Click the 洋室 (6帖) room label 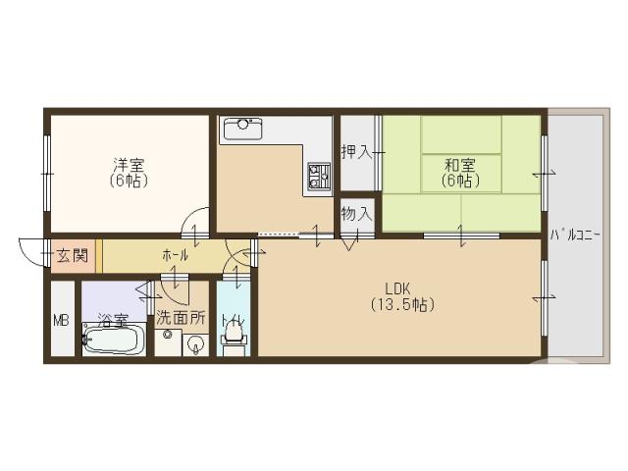click(129, 173)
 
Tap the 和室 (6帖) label click(459, 173)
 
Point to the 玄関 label click(72, 256)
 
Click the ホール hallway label click(175, 255)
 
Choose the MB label click(61, 320)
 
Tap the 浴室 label click(112, 319)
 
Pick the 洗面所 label click(181, 318)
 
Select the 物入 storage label click(355, 213)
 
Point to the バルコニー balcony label click(575, 235)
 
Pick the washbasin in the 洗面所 click(194, 342)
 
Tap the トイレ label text click(233, 319)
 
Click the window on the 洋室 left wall click(47, 173)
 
